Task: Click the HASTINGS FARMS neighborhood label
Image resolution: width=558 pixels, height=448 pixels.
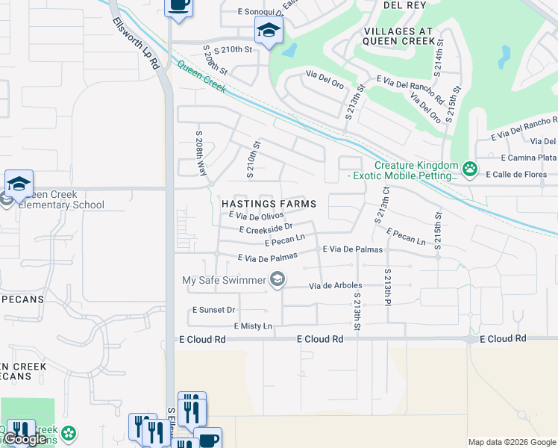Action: (x=269, y=204)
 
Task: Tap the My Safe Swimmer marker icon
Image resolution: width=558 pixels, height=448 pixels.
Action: (x=278, y=280)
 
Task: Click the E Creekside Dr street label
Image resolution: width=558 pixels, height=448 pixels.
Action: (x=266, y=228)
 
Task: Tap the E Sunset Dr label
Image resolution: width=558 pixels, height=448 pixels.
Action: (x=213, y=309)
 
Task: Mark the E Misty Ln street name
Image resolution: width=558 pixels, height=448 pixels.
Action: (x=253, y=326)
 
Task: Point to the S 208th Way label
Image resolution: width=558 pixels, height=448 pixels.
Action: (x=201, y=153)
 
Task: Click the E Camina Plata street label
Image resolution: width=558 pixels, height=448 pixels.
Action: (x=529, y=158)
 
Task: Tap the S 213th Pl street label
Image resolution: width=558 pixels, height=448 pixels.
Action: (x=388, y=286)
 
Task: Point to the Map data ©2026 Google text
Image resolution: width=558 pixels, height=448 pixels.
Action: (x=511, y=442)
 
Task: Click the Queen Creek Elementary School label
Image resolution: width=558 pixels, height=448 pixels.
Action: (x=56, y=199)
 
